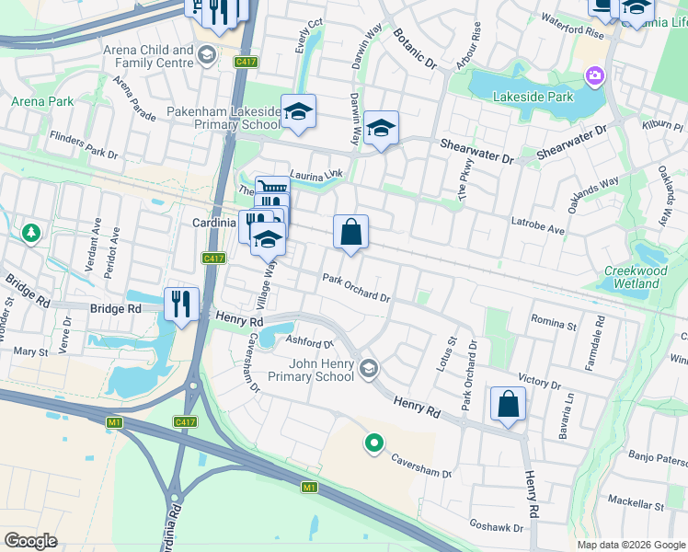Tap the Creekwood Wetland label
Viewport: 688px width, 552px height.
(x=634, y=277)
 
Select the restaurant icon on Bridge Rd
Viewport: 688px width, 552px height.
(x=181, y=304)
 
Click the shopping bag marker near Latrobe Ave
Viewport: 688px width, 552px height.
(x=350, y=232)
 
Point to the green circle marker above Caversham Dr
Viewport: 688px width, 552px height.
(x=373, y=444)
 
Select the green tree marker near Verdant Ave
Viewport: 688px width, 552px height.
(x=31, y=234)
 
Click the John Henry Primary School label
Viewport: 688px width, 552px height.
(x=310, y=370)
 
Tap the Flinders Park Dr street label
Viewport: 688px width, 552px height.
(x=85, y=147)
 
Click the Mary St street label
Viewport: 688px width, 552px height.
(x=30, y=351)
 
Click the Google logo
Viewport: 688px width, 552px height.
(x=30, y=541)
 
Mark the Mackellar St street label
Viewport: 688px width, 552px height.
(x=636, y=505)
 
